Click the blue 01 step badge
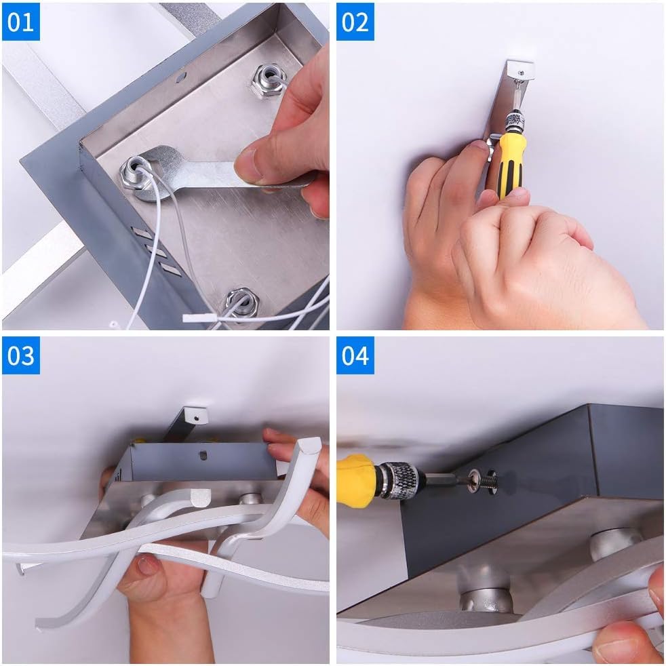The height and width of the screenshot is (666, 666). point(21,22)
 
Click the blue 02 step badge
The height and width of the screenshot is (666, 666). point(355,22)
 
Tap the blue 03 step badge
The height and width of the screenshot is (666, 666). point(21,355)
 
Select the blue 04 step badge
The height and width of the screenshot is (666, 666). point(355,355)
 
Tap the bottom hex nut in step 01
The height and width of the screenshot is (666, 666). point(241,304)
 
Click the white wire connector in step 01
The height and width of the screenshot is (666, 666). point(199,317)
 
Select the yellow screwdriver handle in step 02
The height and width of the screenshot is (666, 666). point(511,165)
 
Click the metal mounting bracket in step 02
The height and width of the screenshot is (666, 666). point(507,102)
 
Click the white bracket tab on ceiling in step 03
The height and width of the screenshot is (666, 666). point(196,415)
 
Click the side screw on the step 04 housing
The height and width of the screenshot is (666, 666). point(484,480)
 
